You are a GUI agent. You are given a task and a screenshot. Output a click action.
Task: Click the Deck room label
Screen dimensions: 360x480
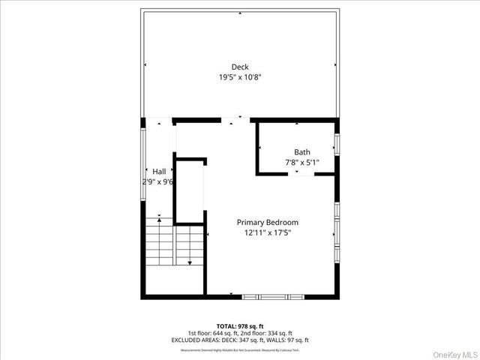240,67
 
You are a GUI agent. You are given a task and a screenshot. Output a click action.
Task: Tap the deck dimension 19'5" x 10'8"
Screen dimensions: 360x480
240,77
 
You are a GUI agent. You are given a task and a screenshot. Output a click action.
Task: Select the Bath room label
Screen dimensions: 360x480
302,152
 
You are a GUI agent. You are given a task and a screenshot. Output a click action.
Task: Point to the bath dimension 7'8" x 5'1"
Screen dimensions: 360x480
302,162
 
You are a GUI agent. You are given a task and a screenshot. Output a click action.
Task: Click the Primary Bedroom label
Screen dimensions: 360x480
268,223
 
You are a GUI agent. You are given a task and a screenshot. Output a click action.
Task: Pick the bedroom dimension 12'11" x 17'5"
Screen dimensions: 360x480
268,233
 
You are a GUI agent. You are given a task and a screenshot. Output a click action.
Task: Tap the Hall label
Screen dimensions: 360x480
159,172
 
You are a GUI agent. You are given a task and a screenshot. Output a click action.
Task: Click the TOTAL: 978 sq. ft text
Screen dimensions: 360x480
240,326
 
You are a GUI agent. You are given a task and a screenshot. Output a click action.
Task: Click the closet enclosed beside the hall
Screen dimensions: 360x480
190,191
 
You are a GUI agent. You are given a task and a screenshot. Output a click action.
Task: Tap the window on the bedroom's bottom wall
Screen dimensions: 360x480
274,297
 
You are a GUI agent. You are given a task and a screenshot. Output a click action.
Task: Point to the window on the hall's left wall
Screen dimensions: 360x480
143,154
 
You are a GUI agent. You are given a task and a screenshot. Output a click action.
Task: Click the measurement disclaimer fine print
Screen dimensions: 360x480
240,348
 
